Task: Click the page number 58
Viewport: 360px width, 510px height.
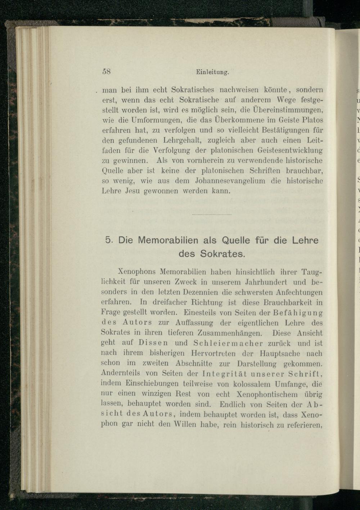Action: [x=107, y=71]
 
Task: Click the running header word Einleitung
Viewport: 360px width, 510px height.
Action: [x=212, y=72]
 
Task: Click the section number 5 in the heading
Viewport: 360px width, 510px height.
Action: [x=108, y=240]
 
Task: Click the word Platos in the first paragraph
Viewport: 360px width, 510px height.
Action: [x=311, y=119]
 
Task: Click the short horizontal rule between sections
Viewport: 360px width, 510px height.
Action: [x=212, y=215]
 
